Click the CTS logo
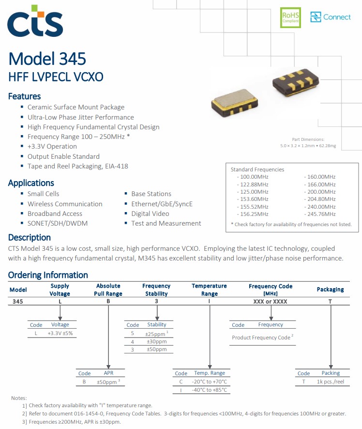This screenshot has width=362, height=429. click(x=35, y=21)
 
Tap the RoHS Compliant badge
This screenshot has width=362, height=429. click(x=291, y=17)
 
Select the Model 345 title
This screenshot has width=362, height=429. click(x=47, y=59)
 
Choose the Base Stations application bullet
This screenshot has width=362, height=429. click(x=151, y=194)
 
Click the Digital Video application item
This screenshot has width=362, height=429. click(x=150, y=214)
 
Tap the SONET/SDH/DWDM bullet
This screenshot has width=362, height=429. click(x=58, y=223)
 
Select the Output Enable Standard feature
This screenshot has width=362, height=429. click(x=63, y=156)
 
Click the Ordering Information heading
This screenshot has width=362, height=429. click(x=48, y=275)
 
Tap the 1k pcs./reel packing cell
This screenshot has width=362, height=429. click(x=330, y=382)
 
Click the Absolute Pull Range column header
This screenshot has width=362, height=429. click(x=109, y=290)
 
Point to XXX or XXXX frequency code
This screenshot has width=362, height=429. click(x=270, y=301)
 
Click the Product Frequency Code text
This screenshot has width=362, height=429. click(x=262, y=337)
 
